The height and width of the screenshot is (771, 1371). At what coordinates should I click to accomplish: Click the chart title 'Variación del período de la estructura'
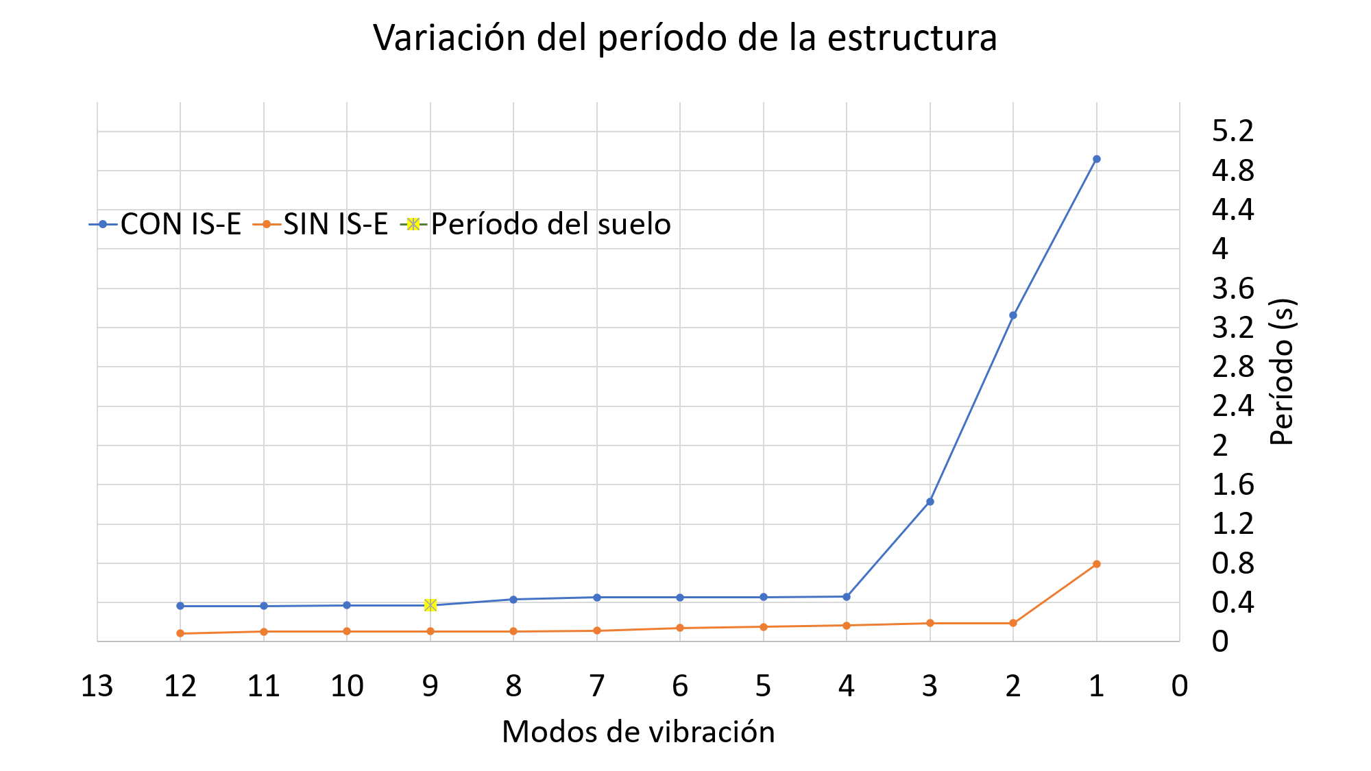685,38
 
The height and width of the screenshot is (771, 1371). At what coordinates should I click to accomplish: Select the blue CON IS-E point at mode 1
1096,159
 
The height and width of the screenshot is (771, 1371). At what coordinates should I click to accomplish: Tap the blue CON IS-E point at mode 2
1012,315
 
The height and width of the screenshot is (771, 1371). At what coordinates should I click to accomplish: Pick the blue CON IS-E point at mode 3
930,502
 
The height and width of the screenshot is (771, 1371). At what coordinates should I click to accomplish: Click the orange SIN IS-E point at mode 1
1096,564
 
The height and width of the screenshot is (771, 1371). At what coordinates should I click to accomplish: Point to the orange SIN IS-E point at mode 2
1012,623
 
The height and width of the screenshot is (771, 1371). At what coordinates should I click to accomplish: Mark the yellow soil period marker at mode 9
430,604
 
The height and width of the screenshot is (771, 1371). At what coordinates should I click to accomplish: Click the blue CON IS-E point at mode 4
847,597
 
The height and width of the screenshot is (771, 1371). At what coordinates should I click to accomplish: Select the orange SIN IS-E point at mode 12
180,633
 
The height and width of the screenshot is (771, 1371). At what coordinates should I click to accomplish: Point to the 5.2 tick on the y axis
1233,131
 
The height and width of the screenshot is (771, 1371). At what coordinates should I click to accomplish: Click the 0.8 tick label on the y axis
1233,563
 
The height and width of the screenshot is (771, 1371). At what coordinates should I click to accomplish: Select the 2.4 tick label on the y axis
1233,406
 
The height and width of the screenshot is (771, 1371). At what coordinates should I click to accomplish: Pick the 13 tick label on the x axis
97,686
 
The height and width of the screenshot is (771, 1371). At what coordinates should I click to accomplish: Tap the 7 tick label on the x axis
597,686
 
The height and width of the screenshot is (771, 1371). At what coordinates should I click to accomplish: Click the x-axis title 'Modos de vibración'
638,732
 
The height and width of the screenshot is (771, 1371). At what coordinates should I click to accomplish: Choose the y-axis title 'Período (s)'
1281,372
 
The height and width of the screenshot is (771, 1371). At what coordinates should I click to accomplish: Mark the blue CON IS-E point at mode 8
513,600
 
